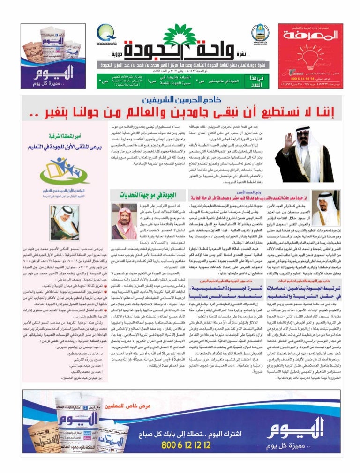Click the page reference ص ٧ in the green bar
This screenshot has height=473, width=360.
tap(102, 81)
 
